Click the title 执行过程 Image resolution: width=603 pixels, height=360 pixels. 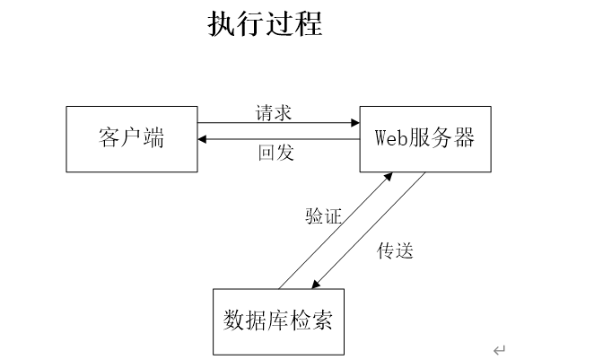click(265, 23)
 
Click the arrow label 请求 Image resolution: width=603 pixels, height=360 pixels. click(274, 113)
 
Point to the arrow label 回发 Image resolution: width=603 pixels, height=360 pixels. click(276, 153)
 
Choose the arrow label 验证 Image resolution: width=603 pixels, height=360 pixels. click(323, 216)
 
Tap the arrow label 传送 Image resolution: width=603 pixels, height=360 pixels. click(395, 250)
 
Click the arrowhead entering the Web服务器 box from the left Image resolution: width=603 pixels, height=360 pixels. click(355, 123)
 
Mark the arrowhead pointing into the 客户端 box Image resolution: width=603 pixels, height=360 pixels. click(202, 139)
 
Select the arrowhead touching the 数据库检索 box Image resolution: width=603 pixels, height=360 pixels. click(315, 285)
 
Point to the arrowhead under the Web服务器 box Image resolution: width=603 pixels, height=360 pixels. click(388, 177)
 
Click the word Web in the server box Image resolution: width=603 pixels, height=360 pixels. click(390, 137)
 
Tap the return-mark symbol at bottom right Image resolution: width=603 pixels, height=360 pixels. click(499, 350)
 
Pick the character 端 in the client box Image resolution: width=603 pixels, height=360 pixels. click(153, 137)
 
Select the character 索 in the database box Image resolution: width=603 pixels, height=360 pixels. click(322, 320)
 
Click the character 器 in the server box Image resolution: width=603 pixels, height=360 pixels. click(464, 137)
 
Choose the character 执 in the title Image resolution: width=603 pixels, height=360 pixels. click(221, 23)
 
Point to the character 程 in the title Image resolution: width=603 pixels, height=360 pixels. click(309, 23)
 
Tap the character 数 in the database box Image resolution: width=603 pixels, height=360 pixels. click(233, 320)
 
